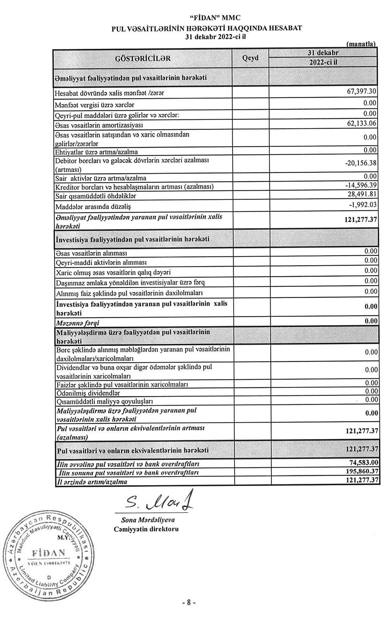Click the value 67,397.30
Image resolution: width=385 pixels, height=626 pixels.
pos(362,92)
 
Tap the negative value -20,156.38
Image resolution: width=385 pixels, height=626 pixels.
pos(361,163)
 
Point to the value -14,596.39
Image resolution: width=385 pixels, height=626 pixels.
pos(361,186)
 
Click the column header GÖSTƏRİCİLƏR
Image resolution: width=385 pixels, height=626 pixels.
pos(142,58)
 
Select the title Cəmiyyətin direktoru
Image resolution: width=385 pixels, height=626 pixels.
pos(146,529)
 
